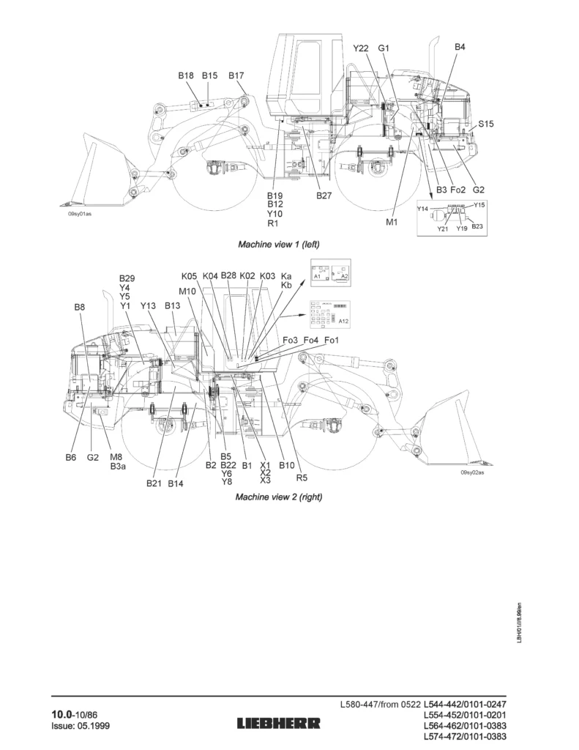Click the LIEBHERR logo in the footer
pyautogui.click(x=278, y=724)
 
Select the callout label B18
pyautogui.click(x=186, y=75)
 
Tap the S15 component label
pyautogui.click(x=486, y=125)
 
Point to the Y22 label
pyautogui.click(x=360, y=48)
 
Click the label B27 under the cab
pyautogui.click(x=324, y=196)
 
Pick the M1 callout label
pyautogui.click(x=392, y=222)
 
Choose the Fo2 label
pyautogui.click(x=458, y=190)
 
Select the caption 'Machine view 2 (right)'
pyautogui.click(x=278, y=497)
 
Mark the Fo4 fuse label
pyautogui.click(x=311, y=341)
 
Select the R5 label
pyautogui.click(x=301, y=477)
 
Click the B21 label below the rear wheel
pyautogui.click(x=154, y=483)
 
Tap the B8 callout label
pyautogui.click(x=80, y=308)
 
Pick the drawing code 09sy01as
pyautogui.click(x=80, y=215)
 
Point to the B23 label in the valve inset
pyautogui.click(x=477, y=227)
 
